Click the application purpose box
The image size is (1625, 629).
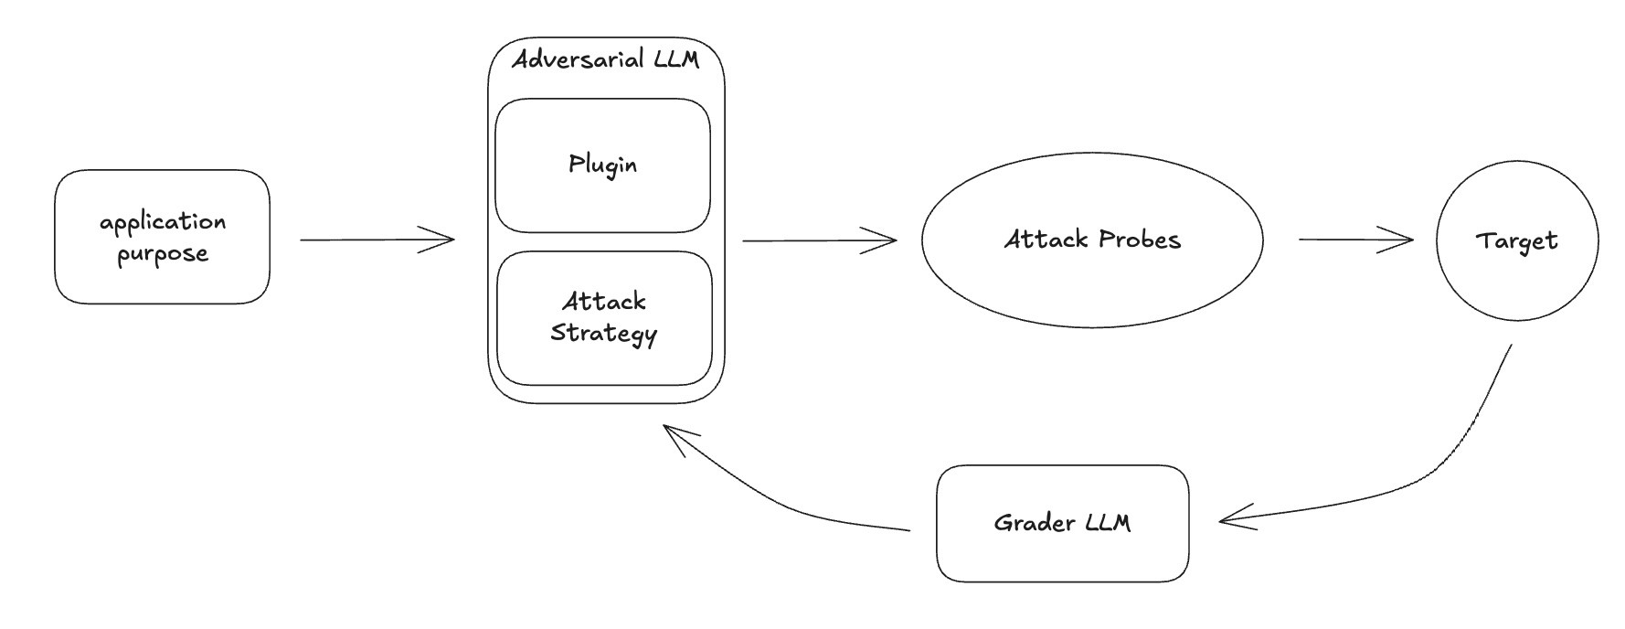click(x=162, y=237)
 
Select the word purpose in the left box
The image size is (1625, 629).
click(x=163, y=254)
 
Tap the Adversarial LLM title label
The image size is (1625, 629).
click(x=605, y=60)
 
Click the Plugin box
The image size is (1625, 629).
click(x=602, y=165)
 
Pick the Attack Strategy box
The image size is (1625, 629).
click(x=603, y=317)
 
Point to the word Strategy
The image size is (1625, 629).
click(x=603, y=334)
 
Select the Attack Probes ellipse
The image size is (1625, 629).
click(x=1092, y=240)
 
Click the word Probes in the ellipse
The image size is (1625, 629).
click(x=1140, y=240)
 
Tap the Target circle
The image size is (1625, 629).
click(x=1516, y=240)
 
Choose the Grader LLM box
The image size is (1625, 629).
click(x=1062, y=523)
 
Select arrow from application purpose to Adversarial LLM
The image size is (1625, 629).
click(x=377, y=240)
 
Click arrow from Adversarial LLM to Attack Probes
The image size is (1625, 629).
click(x=818, y=241)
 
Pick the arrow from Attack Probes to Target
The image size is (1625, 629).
click(x=1354, y=240)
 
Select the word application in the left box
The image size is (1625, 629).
click(x=163, y=222)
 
